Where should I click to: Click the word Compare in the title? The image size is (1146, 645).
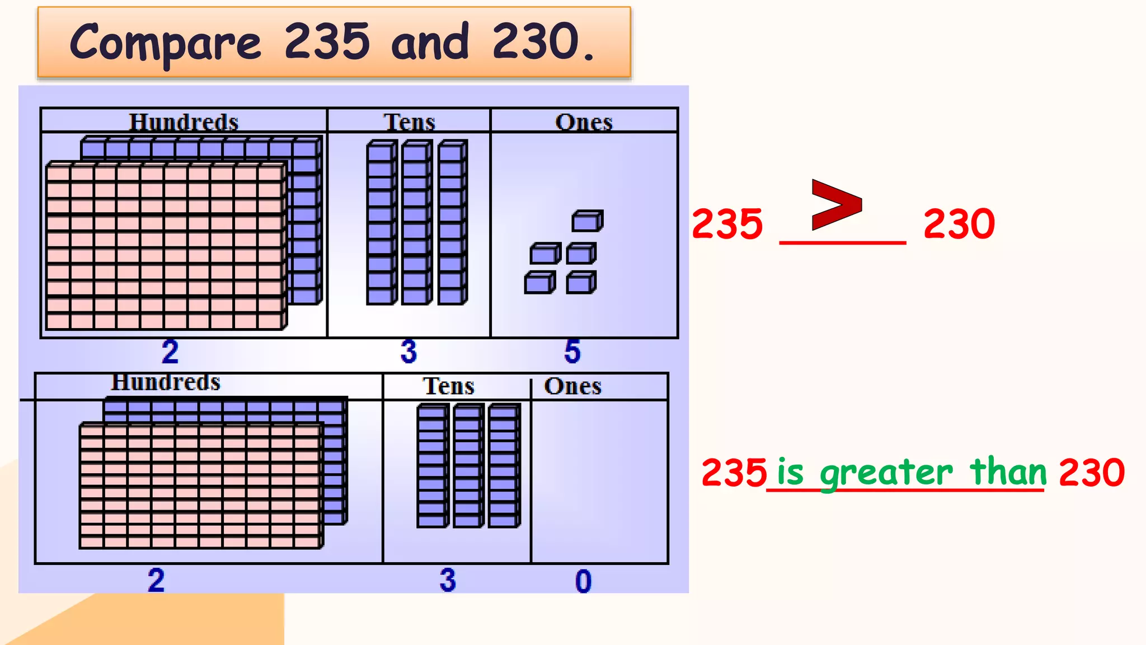(166, 43)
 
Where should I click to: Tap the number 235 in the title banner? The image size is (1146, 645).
(327, 41)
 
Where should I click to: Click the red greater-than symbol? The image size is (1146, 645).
(836, 204)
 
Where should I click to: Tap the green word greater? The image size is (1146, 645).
(886, 473)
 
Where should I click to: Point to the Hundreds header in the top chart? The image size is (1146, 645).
(184, 121)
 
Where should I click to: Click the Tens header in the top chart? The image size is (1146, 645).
(409, 121)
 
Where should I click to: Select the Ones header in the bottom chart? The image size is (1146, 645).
(573, 386)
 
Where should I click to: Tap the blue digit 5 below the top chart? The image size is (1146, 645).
(572, 352)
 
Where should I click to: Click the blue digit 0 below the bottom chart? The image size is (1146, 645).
(583, 581)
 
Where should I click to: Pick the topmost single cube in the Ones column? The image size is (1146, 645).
(587, 221)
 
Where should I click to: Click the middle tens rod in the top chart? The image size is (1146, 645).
(416, 222)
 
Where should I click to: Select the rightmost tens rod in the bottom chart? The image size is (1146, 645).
(504, 466)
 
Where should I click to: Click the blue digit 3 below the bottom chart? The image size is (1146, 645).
(448, 580)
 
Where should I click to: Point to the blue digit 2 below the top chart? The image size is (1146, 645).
(170, 352)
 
